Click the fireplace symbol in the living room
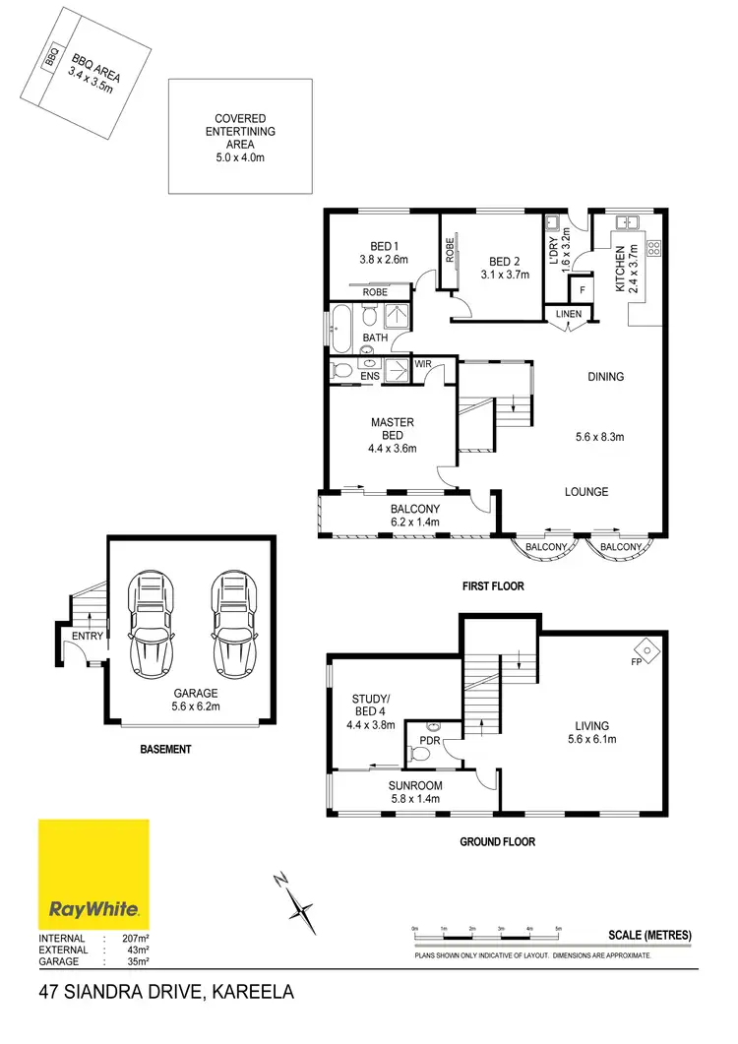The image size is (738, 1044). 647,648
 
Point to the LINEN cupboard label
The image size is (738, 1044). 570,314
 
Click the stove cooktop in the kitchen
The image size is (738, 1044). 653,248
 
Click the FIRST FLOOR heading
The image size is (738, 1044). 493,586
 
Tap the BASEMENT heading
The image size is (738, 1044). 164,750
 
